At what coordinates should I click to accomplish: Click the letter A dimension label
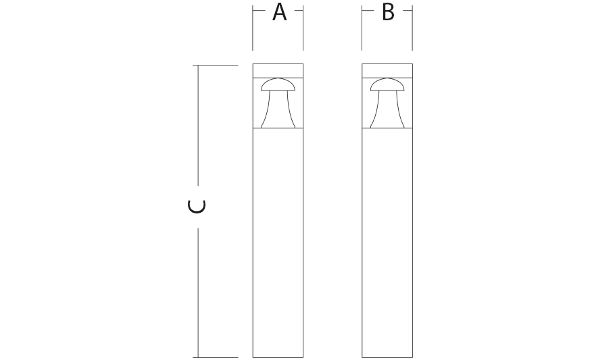tap(279, 12)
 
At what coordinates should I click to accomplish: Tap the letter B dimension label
tap(388, 12)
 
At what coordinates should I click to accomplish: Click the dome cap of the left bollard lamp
tap(278, 84)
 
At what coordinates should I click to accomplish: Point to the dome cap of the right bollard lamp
tap(387, 84)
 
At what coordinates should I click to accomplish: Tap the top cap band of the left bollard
tap(278, 71)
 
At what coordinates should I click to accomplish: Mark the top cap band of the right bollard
tap(387, 71)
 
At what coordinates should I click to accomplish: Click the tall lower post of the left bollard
tap(278, 243)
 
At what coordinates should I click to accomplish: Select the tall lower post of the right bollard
tap(387, 243)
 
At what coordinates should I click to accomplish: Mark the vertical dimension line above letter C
tap(198, 125)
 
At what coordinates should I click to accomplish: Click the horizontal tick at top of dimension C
tap(216, 66)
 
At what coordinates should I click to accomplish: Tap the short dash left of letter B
tap(368, 11)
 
